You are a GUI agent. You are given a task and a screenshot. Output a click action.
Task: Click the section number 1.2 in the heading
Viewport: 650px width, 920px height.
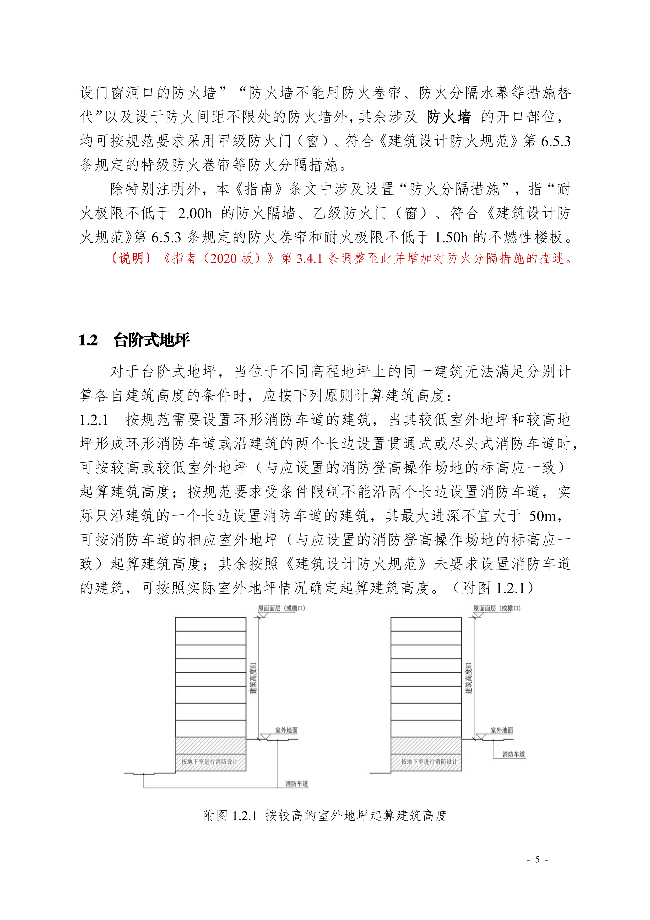[x=88, y=340]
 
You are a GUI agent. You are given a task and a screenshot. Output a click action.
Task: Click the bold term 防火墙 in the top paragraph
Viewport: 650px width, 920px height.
[x=449, y=117]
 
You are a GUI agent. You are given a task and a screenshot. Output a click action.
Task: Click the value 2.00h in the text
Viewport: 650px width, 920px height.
[x=195, y=213]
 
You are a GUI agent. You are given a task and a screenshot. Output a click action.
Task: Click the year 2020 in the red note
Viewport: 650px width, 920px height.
[x=223, y=258]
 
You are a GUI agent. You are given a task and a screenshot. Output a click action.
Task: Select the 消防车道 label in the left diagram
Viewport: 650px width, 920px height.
[x=297, y=784]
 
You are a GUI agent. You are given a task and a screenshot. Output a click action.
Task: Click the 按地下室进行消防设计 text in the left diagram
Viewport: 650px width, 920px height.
[x=209, y=761]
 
